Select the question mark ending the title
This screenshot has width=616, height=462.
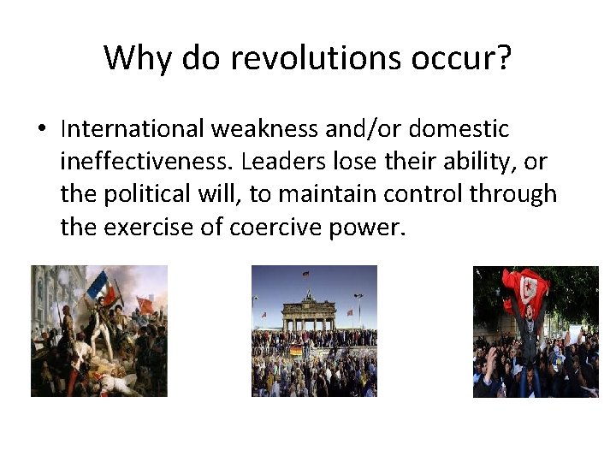(x=503, y=57)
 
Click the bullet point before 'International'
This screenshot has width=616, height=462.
(x=42, y=130)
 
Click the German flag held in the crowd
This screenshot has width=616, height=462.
(x=295, y=350)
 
